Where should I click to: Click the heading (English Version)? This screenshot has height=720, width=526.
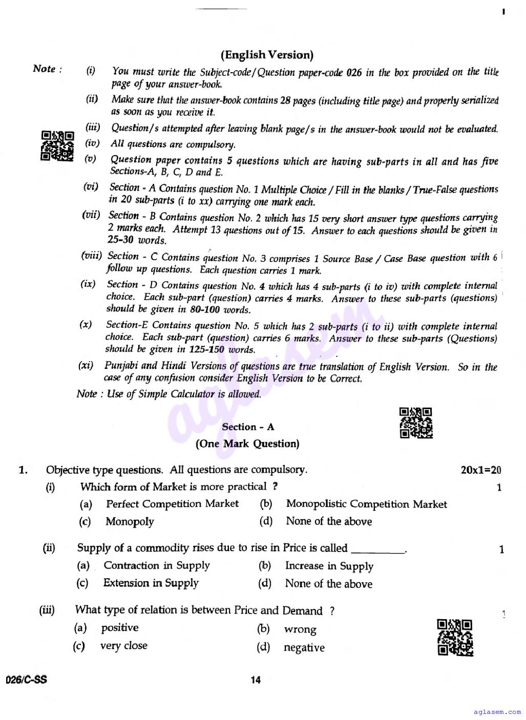[x=267, y=55]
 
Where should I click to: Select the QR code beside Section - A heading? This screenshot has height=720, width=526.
[x=416, y=423]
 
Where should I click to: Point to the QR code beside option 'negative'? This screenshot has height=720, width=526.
[x=455, y=637]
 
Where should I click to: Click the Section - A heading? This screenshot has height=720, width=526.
[x=247, y=427]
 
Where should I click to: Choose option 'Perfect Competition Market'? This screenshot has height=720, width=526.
[x=172, y=504]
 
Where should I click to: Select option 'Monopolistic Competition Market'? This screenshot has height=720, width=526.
[x=366, y=504]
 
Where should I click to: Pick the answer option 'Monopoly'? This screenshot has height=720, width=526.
[x=130, y=522]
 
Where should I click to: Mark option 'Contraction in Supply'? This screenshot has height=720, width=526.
[x=157, y=565]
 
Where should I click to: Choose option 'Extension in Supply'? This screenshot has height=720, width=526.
[x=151, y=583]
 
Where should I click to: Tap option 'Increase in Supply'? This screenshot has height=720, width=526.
[x=329, y=566]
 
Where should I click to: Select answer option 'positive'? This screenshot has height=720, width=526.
[x=120, y=628]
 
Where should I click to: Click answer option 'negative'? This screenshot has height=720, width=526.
[x=304, y=648]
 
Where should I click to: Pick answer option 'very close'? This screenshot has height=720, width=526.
[x=123, y=646]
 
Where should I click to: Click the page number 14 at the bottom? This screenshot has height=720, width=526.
[x=256, y=680]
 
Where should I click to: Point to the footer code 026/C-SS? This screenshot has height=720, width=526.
[x=26, y=680]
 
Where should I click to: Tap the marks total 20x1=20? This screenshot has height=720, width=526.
[x=481, y=470]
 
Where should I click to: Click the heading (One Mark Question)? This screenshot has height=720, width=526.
[x=247, y=444]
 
